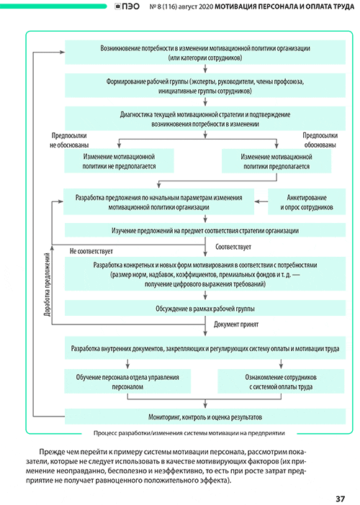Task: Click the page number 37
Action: tap(341, 499)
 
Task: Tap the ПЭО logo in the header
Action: tap(127, 6)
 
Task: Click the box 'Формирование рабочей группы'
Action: tap(205, 86)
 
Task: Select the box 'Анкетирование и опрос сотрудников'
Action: tap(307, 202)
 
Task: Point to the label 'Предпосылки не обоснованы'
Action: tap(69, 140)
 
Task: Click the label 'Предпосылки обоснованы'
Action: tap(320, 140)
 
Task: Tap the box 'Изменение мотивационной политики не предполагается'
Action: tap(119, 161)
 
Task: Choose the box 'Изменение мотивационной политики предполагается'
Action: tap(276, 161)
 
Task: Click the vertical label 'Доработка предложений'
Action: tap(47, 284)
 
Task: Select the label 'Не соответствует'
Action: tap(91, 251)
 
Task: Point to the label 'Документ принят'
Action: tap(236, 324)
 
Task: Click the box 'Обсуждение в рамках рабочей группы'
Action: tap(205, 308)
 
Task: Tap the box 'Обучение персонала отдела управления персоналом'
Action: tap(127, 381)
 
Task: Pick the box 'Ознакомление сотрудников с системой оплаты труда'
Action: tap(281, 381)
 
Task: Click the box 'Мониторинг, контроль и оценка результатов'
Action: tap(205, 417)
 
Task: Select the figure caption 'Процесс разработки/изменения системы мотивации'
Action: tap(189, 433)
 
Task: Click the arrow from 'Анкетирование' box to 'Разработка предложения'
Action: tap(261, 201)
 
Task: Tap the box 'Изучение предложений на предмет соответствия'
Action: tap(205, 231)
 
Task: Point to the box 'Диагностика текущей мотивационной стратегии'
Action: tap(205, 119)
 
